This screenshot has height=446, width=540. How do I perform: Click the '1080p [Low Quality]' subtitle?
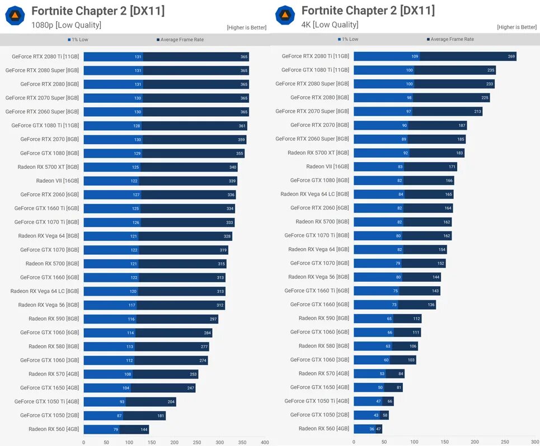click(x=66, y=25)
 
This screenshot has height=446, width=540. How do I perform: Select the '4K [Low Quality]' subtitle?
click(x=330, y=25)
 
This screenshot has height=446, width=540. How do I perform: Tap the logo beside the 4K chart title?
click(x=285, y=15)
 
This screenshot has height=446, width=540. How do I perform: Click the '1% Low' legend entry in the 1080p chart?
click(x=78, y=40)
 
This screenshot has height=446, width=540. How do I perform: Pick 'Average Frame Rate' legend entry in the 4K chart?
click(x=452, y=39)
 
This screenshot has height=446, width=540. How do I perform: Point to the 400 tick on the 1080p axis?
click(x=265, y=442)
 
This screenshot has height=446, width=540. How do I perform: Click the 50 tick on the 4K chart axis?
click(x=384, y=442)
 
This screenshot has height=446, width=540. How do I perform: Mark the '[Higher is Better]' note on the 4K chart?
click(x=516, y=27)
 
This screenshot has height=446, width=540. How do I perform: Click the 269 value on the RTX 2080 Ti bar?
click(x=511, y=56)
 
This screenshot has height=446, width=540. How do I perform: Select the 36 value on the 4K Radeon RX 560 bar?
click(x=372, y=429)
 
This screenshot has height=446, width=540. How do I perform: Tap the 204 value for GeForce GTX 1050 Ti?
click(x=171, y=402)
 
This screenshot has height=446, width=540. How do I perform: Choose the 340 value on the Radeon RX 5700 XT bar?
click(x=233, y=167)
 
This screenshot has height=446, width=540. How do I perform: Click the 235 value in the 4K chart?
click(x=491, y=70)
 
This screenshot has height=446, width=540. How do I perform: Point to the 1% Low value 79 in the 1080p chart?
click(x=115, y=429)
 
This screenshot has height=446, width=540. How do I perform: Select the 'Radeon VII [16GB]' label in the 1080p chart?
click(x=58, y=181)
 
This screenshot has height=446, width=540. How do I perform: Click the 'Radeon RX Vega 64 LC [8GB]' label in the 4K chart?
click(x=314, y=194)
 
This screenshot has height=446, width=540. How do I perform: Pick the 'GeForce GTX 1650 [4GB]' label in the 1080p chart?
click(x=49, y=388)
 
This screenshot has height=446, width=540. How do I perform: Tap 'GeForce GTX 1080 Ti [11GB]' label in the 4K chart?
click(x=315, y=70)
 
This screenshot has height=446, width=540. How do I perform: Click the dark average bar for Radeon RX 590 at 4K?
click(x=407, y=319)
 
